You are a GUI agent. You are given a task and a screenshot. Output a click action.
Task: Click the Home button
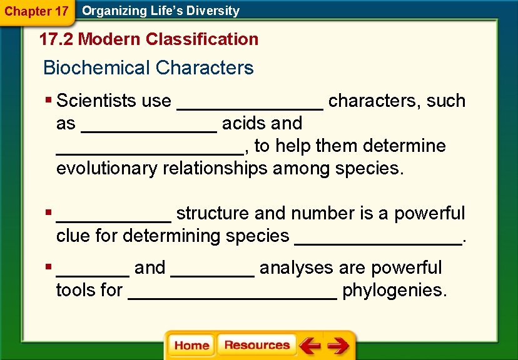(191, 346)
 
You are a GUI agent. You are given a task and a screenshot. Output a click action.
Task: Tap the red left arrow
(309, 346)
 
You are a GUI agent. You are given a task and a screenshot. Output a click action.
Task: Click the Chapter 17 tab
(36, 11)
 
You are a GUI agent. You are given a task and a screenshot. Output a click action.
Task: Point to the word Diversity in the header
(215, 11)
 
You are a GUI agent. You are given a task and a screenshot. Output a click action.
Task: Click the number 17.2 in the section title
(56, 39)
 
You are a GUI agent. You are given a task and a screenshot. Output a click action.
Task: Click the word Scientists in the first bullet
(99, 101)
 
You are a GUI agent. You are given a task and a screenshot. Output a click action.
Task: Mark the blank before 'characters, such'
(250, 104)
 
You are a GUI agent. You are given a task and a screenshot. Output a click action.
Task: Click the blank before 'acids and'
(149, 126)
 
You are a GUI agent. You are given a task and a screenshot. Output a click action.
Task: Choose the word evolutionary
(107, 168)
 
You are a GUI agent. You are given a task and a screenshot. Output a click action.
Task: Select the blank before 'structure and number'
(113, 216)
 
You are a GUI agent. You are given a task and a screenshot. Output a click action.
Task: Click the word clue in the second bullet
(73, 236)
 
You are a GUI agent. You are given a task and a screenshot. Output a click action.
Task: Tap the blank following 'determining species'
(379, 239)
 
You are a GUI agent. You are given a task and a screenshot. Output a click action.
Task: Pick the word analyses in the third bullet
(296, 268)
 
